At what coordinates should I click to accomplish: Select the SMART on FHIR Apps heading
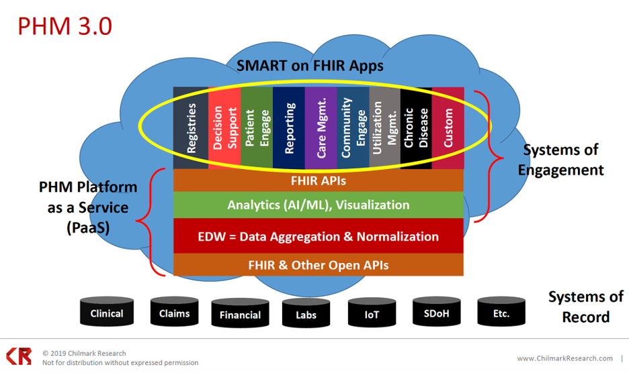click(x=310, y=66)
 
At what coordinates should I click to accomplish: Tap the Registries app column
click(x=191, y=127)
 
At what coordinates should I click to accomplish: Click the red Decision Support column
click(x=224, y=127)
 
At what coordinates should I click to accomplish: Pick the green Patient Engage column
click(x=256, y=127)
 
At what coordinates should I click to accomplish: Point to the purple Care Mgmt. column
click(x=321, y=127)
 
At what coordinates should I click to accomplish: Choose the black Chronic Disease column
click(x=416, y=127)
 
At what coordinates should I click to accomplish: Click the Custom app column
click(x=448, y=127)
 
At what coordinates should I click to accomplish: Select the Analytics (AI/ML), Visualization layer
click(x=318, y=205)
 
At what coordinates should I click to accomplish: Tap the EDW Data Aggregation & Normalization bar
click(x=318, y=236)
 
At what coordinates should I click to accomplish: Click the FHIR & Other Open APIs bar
click(x=318, y=265)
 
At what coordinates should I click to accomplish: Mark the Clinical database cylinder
click(x=107, y=313)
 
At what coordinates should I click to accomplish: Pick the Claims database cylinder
click(x=174, y=313)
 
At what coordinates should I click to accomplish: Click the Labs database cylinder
click(x=305, y=313)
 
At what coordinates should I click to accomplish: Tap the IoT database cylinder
click(x=372, y=313)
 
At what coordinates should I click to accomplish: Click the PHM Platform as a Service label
click(x=88, y=207)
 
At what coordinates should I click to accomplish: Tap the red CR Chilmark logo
click(x=19, y=356)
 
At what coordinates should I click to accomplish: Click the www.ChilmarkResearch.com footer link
click(x=564, y=358)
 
